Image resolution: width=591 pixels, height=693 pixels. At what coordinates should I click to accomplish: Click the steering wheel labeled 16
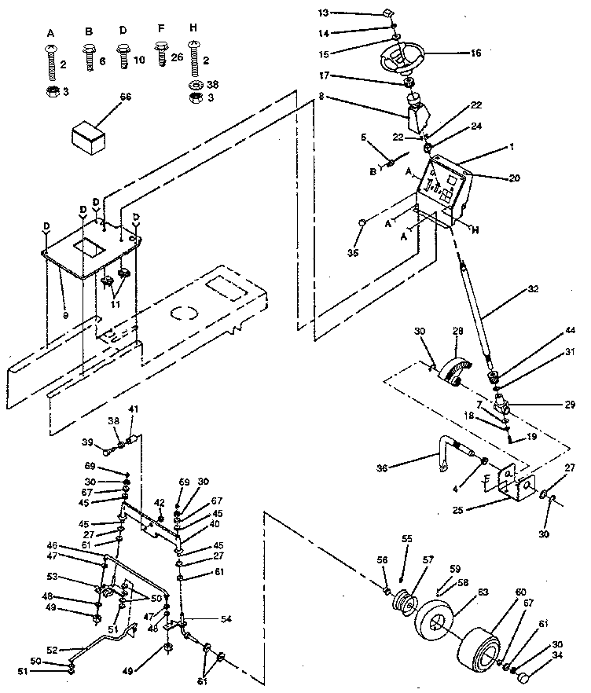click(401, 58)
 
